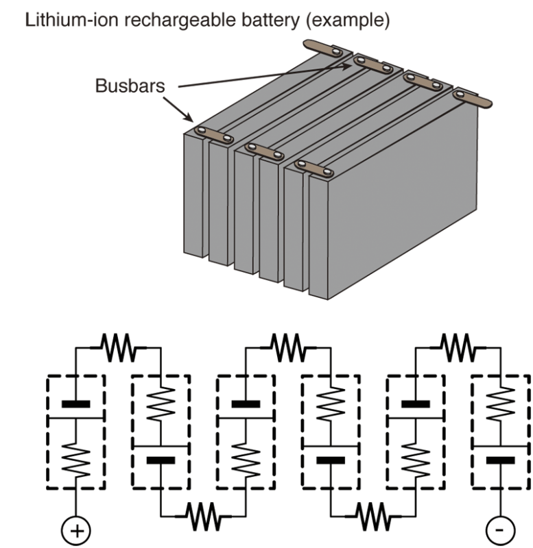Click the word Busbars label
click(130, 86)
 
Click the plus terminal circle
click(76, 530)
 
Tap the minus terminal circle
click(501, 530)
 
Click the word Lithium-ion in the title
click(72, 20)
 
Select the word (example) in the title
click(348, 21)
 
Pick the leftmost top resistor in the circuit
click(118, 347)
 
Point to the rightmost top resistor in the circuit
click(458, 347)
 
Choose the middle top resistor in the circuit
click(288, 347)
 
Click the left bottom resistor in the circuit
click(203, 516)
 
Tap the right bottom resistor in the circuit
click(373, 516)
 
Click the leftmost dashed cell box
click(47, 432)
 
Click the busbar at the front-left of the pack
click(214, 135)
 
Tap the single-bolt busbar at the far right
click(473, 99)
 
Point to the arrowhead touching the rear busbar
click(346, 66)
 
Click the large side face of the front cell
click(403, 201)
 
